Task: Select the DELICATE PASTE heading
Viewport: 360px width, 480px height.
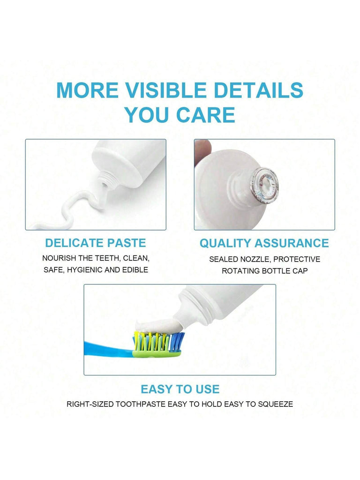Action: [x=96, y=243]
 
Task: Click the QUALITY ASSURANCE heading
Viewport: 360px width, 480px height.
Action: [x=264, y=243]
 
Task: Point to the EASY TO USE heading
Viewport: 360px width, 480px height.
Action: [x=180, y=389]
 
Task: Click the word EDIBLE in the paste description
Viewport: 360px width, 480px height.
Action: [x=135, y=270]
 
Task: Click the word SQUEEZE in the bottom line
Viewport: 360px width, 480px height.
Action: [x=276, y=404]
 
